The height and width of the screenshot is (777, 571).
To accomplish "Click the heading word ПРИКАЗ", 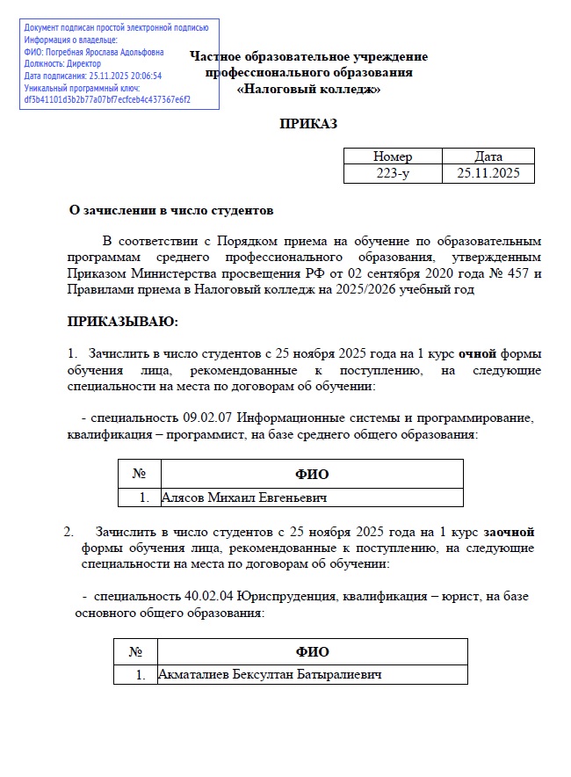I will tap(308, 124).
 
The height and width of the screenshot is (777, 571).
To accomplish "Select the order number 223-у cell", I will tap(393, 173).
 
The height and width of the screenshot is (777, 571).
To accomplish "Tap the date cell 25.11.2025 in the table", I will tap(488, 173).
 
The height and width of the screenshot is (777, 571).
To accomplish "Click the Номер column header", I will tap(393, 156).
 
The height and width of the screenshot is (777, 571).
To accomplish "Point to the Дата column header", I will tap(488, 156).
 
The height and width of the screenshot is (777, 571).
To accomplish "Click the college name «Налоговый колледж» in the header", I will tap(308, 89).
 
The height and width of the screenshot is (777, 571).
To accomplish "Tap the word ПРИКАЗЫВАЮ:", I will tap(123, 321).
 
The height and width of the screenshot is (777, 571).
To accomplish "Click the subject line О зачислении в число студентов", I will tap(171, 210).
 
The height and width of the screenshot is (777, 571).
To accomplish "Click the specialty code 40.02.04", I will tap(210, 595).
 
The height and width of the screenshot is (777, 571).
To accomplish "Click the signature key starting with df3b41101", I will tap(108, 99).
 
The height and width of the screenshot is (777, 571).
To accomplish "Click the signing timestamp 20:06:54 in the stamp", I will tap(144, 76).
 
